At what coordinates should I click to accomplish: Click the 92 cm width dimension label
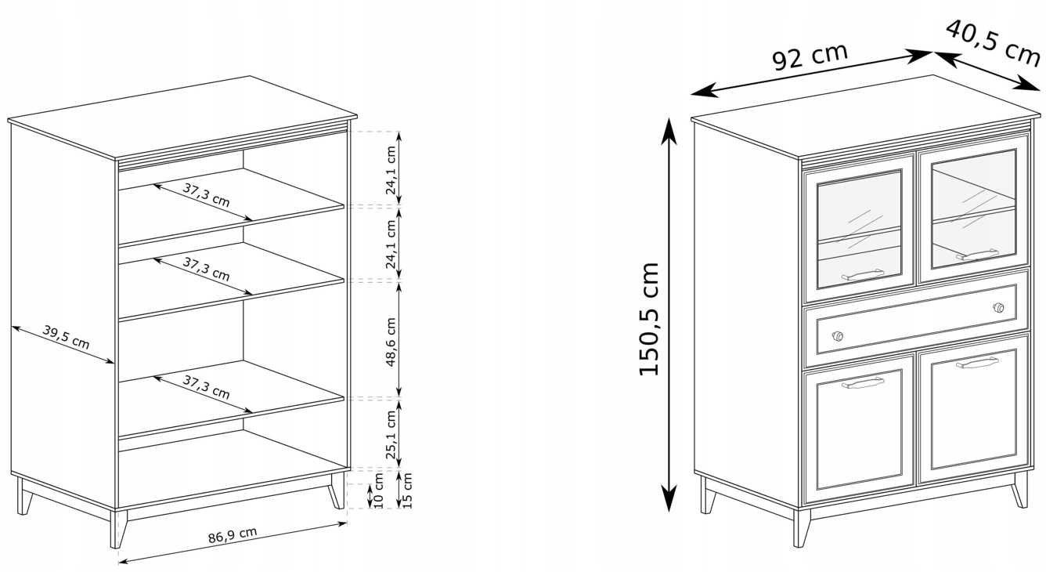coord(810,57)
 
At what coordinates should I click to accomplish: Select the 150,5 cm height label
coord(648,319)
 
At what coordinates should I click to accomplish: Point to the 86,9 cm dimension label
coord(233,535)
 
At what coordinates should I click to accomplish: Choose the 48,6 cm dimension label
coord(391,342)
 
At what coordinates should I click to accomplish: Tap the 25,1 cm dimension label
coord(391,435)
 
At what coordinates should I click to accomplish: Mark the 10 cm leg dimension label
coord(379,491)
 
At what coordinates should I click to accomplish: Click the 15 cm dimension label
coord(406,491)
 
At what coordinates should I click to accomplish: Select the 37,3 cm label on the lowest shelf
coord(206,387)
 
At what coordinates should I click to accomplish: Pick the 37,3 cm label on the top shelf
coord(206,195)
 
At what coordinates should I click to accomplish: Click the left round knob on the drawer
coord(838,336)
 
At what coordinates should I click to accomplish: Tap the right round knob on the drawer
coord(998,307)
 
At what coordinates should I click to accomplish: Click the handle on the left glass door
coord(863,275)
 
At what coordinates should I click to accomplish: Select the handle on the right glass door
coord(977,255)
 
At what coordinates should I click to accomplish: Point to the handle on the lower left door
coord(863,384)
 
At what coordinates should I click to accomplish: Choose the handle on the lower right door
coord(977,363)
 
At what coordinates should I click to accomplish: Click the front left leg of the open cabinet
coord(118,529)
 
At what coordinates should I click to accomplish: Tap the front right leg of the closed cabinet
coord(1020,490)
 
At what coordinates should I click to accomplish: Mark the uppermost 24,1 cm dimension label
coord(391,170)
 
